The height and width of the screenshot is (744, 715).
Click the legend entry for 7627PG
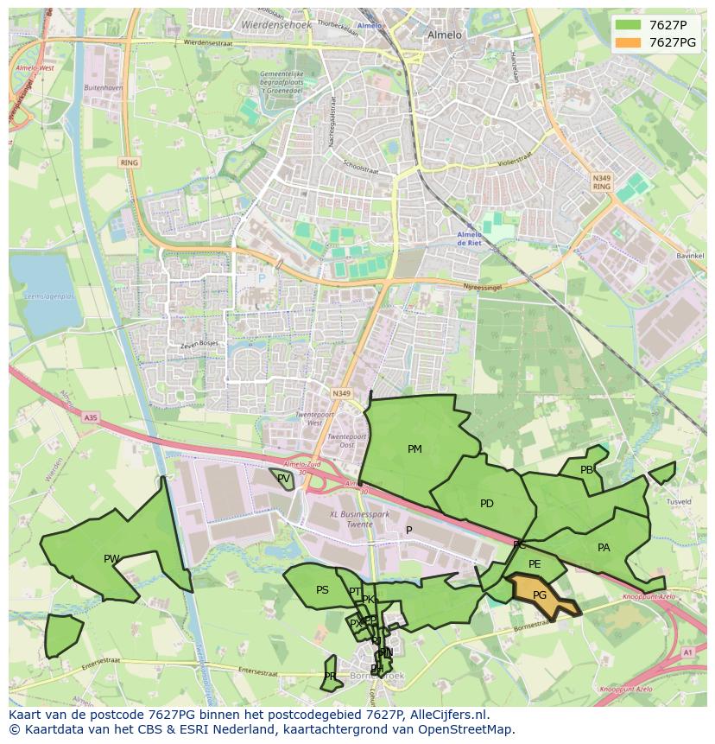pyautogui.click(x=672, y=42)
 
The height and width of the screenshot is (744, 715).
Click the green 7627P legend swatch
pyautogui.click(x=629, y=25)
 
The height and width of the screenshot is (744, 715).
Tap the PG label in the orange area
pyautogui.click(x=540, y=595)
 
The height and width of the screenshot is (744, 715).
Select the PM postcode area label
pyautogui.click(x=414, y=449)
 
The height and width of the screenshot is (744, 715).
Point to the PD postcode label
pyautogui.click(x=487, y=504)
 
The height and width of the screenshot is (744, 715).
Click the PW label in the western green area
pyautogui.click(x=111, y=559)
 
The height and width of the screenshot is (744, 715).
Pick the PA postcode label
pyautogui.click(x=604, y=548)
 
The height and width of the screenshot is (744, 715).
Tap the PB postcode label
pyautogui.click(x=587, y=470)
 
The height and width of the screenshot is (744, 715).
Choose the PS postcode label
pyautogui.click(x=322, y=591)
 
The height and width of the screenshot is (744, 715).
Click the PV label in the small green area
pyautogui.click(x=283, y=478)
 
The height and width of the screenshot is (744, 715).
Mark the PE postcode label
pyautogui.click(x=535, y=564)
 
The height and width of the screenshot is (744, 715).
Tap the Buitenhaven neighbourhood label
pyautogui.click(x=104, y=88)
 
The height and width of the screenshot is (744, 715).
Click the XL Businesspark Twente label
pyautogui.click(x=359, y=518)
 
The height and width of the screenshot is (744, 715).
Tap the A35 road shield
pyautogui.click(x=91, y=417)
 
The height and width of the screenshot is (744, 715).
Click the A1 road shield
pyautogui.click(x=687, y=652)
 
